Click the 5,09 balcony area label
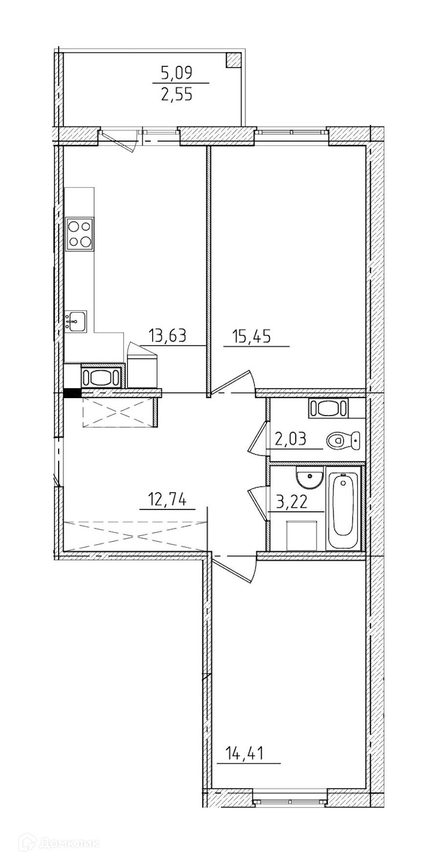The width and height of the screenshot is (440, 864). pyautogui.click(x=176, y=73)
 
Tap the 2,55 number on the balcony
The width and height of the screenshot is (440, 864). pyautogui.click(x=176, y=93)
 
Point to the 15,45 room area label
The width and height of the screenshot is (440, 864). pyautogui.click(x=253, y=337)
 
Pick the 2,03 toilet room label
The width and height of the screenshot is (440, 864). pyautogui.click(x=290, y=440)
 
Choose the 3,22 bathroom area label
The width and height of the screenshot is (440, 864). pyautogui.click(x=292, y=502)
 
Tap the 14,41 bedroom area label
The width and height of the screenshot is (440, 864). pyautogui.click(x=244, y=753)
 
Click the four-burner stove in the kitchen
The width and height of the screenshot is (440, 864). pyautogui.click(x=80, y=234)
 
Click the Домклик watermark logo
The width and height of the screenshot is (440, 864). pyautogui.click(x=59, y=843)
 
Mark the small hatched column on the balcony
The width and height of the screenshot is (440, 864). pyautogui.click(x=234, y=60)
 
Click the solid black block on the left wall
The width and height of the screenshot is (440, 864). pyautogui.click(x=72, y=392)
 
